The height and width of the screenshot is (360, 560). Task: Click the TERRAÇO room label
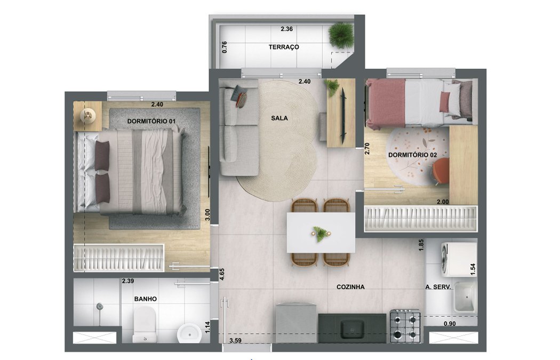click(x=284, y=47)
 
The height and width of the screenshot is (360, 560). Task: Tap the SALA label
click(x=279, y=119)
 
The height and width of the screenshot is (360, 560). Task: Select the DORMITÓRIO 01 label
click(x=151, y=122)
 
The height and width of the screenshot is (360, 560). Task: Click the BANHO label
click(x=145, y=299)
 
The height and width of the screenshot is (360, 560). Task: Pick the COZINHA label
click(x=350, y=287)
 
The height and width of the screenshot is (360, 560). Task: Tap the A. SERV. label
click(x=438, y=287)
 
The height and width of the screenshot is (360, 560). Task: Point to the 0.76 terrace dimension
click(x=225, y=47)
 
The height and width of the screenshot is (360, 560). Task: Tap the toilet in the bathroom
click(x=144, y=326)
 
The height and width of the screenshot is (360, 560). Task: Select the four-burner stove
click(x=405, y=326)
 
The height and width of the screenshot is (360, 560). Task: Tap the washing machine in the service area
click(x=458, y=259)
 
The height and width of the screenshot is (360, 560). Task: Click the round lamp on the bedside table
click(x=89, y=114)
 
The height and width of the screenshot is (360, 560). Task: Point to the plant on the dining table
click(x=321, y=233)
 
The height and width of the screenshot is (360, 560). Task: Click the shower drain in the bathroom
click(x=99, y=306)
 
